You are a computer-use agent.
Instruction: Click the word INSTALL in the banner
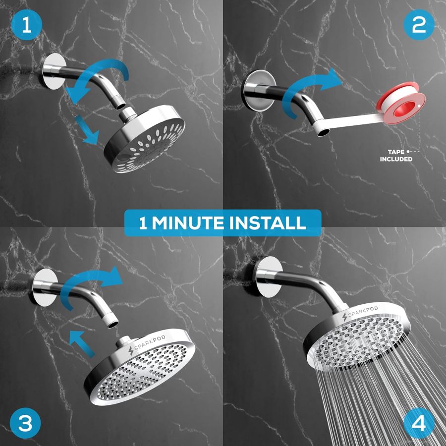click(x=268, y=223)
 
